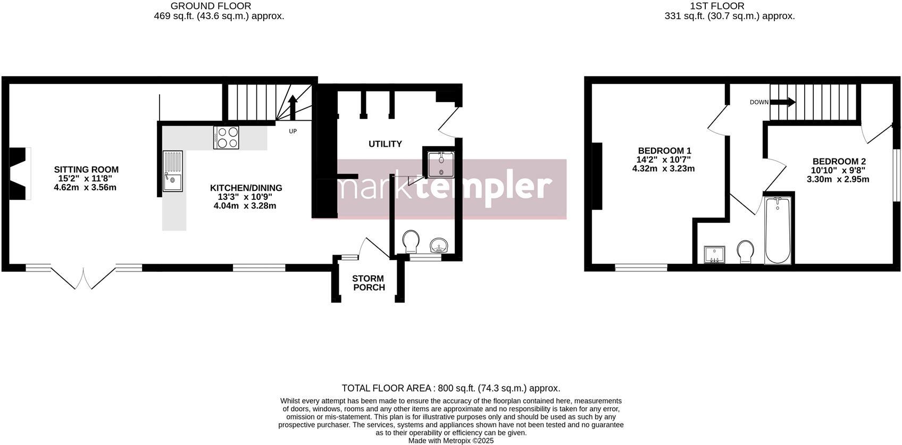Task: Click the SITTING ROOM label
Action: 86,170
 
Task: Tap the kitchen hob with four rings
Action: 227,138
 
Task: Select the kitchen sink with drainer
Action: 173,171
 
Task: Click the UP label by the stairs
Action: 293,131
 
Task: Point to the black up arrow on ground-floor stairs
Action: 293,107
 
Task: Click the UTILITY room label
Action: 386,144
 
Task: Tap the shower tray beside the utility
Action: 441,164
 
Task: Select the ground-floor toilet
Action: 411,241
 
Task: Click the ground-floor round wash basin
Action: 439,245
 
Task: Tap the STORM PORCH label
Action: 369,283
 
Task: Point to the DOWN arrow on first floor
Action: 782,102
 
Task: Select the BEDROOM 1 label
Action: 664,150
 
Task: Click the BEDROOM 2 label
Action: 839,162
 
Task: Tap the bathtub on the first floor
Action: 778,230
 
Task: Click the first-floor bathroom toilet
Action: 745,252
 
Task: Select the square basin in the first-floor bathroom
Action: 714,255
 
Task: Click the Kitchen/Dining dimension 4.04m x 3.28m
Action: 245,206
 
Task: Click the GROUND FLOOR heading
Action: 211,6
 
